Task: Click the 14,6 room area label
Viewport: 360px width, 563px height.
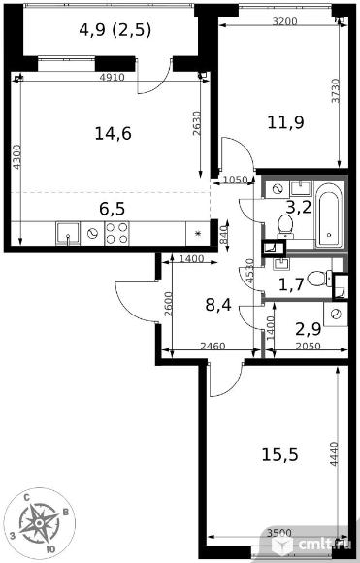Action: [x=114, y=134]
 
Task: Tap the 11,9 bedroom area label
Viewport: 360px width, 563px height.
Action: [x=285, y=122]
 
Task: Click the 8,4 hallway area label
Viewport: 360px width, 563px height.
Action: [x=218, y=305]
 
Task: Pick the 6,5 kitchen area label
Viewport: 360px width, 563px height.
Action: [x=112, y=209]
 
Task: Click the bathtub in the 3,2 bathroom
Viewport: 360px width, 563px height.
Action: [x=329, y=215]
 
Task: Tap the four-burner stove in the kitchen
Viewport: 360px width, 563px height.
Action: [x=116, y=233]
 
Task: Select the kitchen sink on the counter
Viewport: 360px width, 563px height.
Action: [x=68, y=233]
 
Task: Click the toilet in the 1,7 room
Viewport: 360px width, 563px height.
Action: [x=320, y=279]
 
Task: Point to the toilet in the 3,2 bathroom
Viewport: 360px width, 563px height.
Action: [x=286, y=226]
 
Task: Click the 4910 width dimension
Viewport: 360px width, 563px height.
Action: [x=112, y=77]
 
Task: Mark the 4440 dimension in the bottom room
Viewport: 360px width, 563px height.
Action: [x=334, y=453]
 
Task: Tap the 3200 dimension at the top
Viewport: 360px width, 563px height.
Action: [x=284, y=21]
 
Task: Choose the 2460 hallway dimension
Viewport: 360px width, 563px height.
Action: [x=213, y=346]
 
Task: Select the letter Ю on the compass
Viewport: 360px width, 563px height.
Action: [x=51, y=549]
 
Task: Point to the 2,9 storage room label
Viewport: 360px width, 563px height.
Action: [x=308, y=329]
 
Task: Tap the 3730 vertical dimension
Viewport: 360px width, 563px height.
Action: [x=335, y=90]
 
